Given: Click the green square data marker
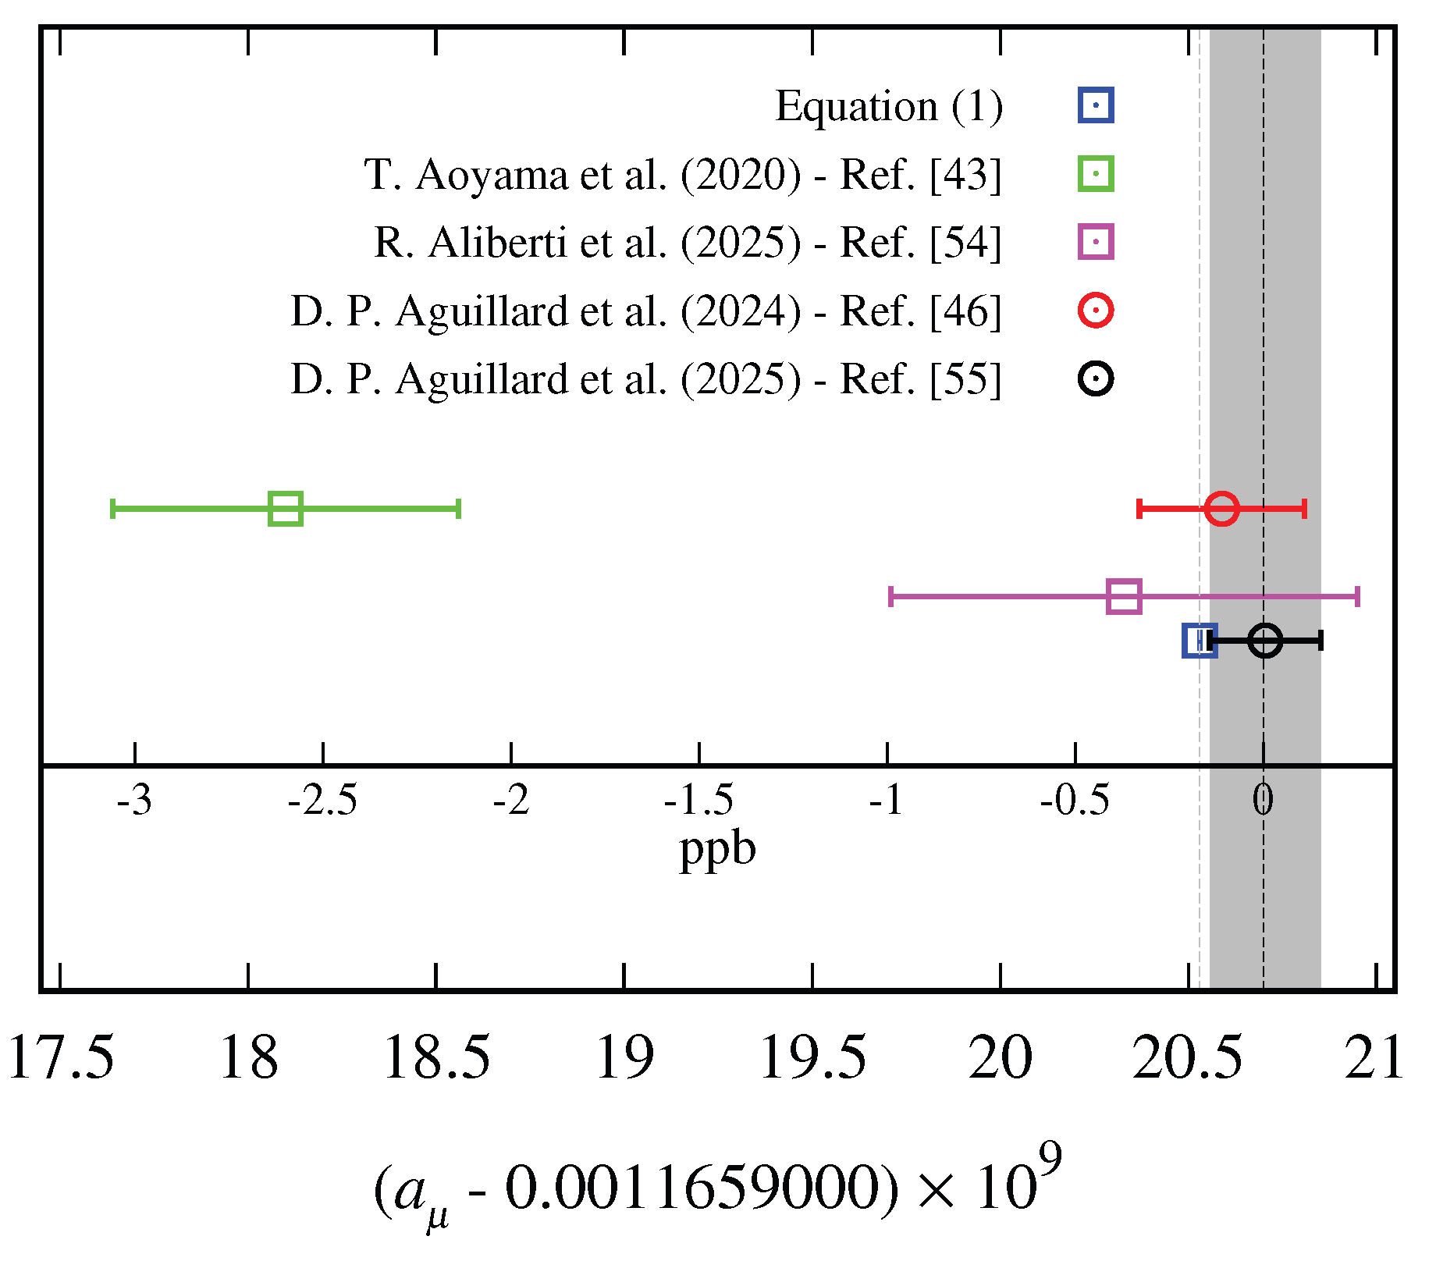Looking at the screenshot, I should coord(285,509).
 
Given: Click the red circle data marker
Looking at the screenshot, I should coord(1221,509).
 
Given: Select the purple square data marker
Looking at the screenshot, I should coord(1124,596).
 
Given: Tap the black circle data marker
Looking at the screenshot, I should coord(1264,641).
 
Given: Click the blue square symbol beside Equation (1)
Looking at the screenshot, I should coord(1096,105).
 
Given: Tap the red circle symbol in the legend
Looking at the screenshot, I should coord(1096,311).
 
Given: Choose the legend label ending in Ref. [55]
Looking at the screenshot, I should coord(645,379).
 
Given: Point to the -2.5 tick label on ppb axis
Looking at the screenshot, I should coord(322,801).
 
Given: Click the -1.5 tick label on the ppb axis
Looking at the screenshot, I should coord(698,801).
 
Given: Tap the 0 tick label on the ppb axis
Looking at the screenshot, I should coord(1263,801).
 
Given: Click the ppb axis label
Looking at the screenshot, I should coord(717,851).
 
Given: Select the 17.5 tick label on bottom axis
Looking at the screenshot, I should coord(61,1058).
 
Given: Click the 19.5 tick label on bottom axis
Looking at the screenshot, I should coord(812,1058).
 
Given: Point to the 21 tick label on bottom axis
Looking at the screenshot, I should coord(1374,1058).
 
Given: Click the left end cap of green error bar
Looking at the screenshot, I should coord(113,509).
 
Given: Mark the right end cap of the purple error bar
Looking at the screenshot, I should coord(1358,596).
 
